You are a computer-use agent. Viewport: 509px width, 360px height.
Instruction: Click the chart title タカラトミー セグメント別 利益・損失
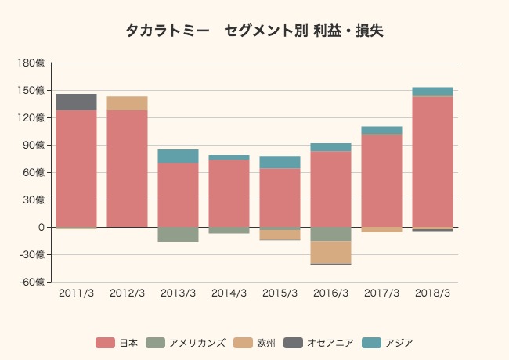pyautogui.click(x=254, y=31)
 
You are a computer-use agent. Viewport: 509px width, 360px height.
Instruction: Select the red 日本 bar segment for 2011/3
pyautogui.click(x=76, y=168)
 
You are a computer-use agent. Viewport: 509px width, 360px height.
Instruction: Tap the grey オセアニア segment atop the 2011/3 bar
pyautogui.click(x=76, y=102)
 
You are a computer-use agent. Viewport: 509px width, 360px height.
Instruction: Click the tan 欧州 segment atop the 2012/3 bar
pyautogui.click(x=127, y=103)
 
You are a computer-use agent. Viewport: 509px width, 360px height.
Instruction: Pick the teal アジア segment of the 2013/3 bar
pyautogui.click(x=178, y=156)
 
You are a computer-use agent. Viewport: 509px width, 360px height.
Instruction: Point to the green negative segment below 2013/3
pyautogui.click(x=178, y=234)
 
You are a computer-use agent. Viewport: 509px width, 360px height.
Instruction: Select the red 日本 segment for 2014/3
pyautogui.click(x=229, y=193)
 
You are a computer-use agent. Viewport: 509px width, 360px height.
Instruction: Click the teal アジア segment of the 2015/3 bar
pyautogui.click(x=280, y=162)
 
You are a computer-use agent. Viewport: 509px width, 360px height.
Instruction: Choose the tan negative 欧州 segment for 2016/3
pyautogui.click(x=330, y=252)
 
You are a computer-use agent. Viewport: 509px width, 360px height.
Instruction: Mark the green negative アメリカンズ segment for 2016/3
pyautogui.click(x=330, y=234)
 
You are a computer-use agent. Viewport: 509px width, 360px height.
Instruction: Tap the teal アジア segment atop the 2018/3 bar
pyautogui.click(x=432, y=92)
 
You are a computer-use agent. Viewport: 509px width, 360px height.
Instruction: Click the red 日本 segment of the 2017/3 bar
pyautogui.click(x=381, y=181)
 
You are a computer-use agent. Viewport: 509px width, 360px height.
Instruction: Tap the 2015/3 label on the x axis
pyautogui.click(x=280, y=293)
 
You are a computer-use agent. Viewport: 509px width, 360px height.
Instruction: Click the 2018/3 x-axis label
pyautogui.click(x=432, y=293)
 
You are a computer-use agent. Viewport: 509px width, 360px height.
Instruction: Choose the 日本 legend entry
pyautogui.click(x=117, y=343)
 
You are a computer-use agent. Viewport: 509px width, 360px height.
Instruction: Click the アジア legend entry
pyautogui.click(x=388, y=343)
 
